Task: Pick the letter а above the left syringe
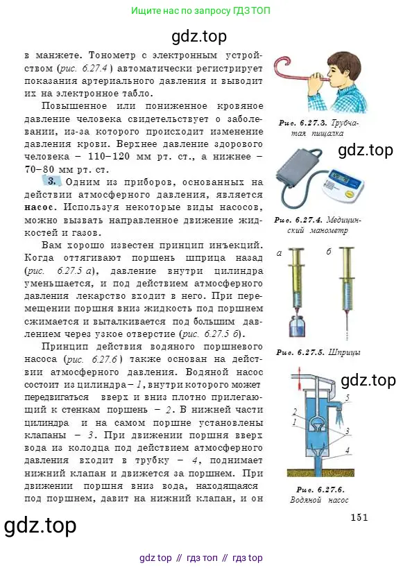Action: click(279, 254)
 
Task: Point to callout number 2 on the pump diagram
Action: click(295, 411)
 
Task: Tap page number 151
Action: click(359, 517)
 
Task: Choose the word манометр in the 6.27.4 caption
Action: click(328, 230)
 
